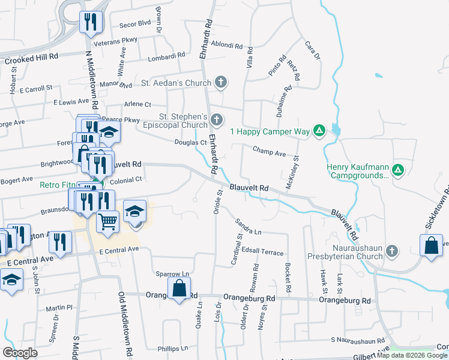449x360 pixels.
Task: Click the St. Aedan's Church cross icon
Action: point(221,82)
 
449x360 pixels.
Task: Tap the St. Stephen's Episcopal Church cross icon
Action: point(217,121)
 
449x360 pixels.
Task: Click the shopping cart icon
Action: point(108,220)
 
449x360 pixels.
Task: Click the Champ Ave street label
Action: point(269,152)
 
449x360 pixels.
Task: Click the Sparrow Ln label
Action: point(172,274)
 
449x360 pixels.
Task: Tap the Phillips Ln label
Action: point(172,348)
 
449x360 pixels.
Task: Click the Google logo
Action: point(20,352)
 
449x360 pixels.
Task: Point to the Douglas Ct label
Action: point(190,142)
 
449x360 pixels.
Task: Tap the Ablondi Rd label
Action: point(228,45)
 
